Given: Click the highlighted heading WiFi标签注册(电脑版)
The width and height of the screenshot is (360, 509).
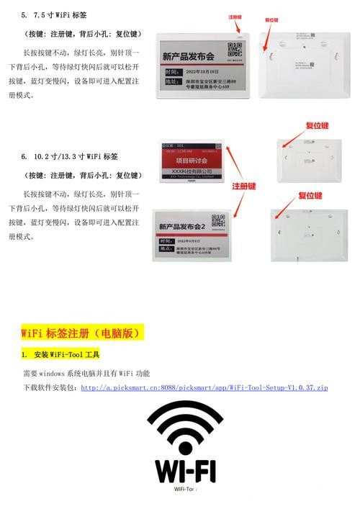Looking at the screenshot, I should [x=83, y=333].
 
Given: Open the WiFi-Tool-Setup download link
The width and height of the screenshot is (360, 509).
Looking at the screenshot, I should [x=204, y=387].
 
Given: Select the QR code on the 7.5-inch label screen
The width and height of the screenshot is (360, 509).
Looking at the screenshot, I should [x=235, y=50].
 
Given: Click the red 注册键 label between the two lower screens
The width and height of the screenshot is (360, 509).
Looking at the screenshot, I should [x=244, y=186].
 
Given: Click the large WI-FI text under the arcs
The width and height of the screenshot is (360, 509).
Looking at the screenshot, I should [x=185, y=471].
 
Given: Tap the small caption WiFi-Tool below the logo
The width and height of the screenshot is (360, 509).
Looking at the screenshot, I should [x=185, y=490].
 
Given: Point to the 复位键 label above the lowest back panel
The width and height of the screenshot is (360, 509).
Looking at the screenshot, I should [x=310, y=196].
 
